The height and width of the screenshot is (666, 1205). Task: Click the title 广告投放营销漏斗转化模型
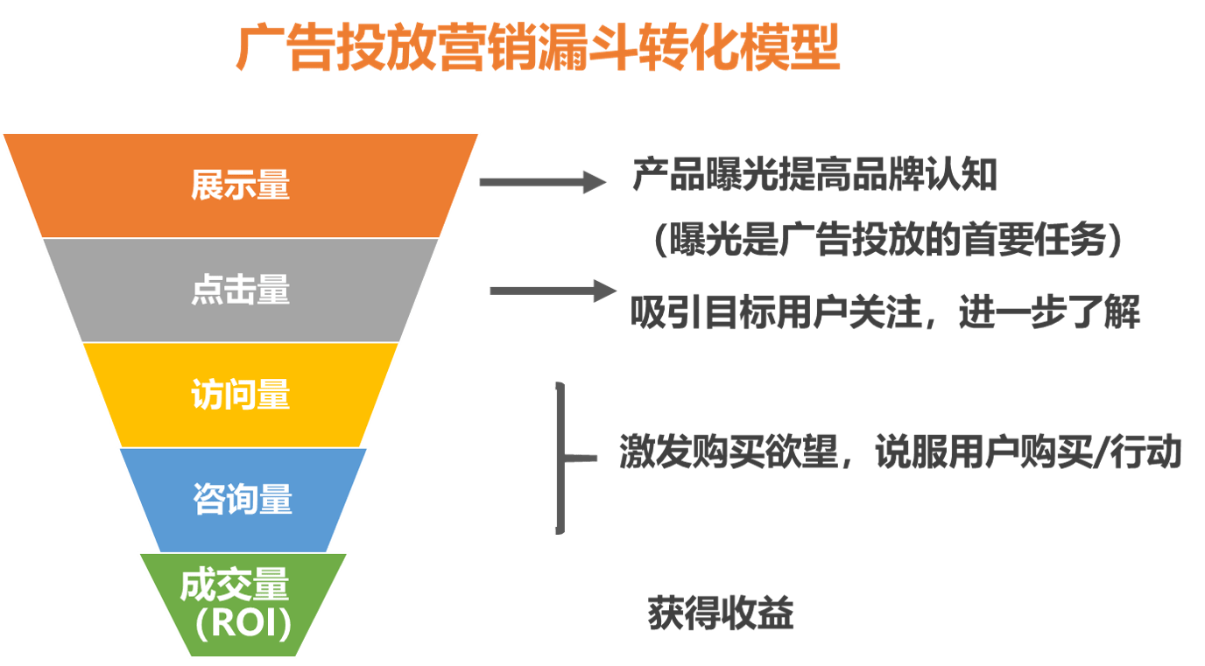click(538, 49)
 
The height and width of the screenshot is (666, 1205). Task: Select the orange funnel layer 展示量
click(241, 186)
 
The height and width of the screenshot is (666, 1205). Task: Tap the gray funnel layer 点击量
click(241, 291)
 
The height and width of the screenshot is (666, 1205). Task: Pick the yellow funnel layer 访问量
click(241, 396)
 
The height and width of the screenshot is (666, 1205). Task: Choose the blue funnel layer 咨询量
click(243, 500)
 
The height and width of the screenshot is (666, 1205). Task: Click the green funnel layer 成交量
click(235, 585)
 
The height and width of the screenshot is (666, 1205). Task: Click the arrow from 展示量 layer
click(542, 182)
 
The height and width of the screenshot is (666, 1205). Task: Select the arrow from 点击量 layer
click(553, 291)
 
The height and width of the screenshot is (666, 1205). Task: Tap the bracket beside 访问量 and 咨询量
click(561, 458)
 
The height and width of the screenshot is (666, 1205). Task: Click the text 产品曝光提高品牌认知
click(814, 176)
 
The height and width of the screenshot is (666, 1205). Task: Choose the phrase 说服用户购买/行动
click(1029, 452)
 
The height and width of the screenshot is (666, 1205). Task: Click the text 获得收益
click(720, 613)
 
